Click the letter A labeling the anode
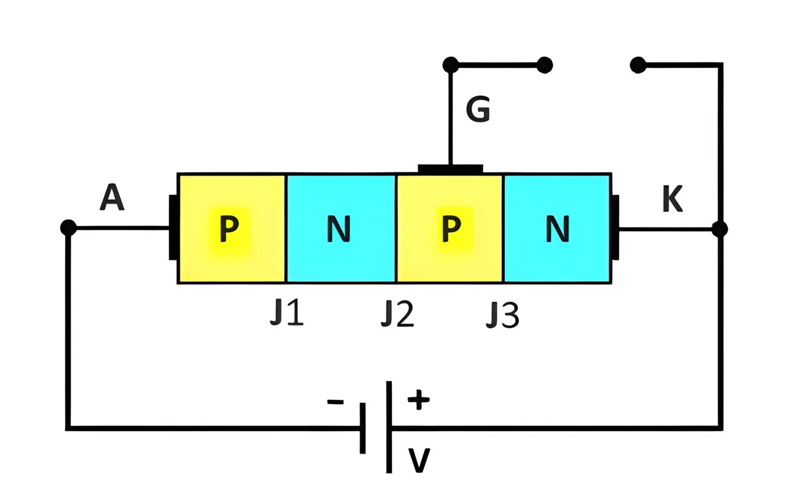click(x=112, y=197)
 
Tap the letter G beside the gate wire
click(x=478, y=109)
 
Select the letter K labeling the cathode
click(x=672, y=199)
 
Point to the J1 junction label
click(x=287, y=313)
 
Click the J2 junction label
click(x=398, y=314)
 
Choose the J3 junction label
click(x=502, y=314)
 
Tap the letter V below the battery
click(x=419, y=460)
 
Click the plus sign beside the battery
click(x=419, y=399)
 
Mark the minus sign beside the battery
click(x=335, y=402)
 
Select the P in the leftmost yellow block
click(x=229, y=229)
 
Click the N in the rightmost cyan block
click(x=557, y=229)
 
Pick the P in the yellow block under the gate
click(x=451, y=229)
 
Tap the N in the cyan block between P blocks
click(x=338, y=229)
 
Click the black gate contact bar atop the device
click(x=451, y=169)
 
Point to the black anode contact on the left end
click(x=173, y=227)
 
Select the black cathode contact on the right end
click(x=615, y=227)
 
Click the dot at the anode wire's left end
click(x=69, y=227)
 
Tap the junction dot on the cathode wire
click(x=720, y=229)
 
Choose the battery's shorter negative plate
click(x=363, y=428)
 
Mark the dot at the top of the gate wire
click(x=451, y=65)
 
